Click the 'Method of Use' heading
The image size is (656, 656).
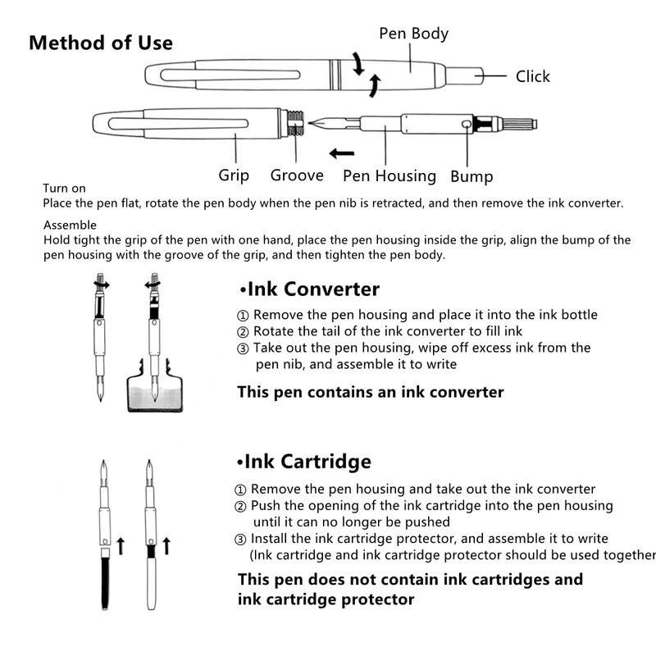point(101,43)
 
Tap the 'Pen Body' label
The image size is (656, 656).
point(413,34)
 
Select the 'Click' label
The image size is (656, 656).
point(532,76)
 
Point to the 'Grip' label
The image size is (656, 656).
point(234,175)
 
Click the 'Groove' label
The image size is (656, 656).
point(297,175)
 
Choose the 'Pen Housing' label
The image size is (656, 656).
point(389,175)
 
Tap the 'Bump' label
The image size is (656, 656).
point(471,176)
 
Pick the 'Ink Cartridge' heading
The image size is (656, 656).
point(304,462)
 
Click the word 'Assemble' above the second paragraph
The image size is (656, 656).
point(70,225)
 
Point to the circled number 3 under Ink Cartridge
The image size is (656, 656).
point(240,539)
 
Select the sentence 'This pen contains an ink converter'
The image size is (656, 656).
point(370,392)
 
